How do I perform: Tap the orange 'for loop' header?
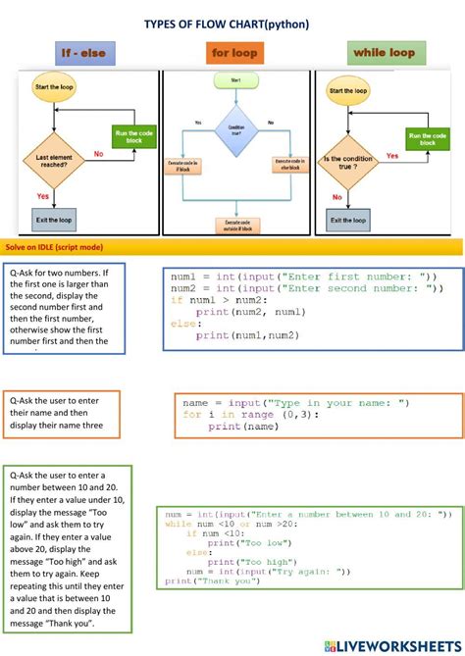pos(233,52)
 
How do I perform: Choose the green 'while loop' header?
pos(383,52)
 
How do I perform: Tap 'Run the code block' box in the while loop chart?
pos(428,138)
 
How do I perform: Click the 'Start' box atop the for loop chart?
pos(235,80)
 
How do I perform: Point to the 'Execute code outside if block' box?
pos(236,225)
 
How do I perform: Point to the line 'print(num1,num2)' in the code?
pos(247,335)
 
